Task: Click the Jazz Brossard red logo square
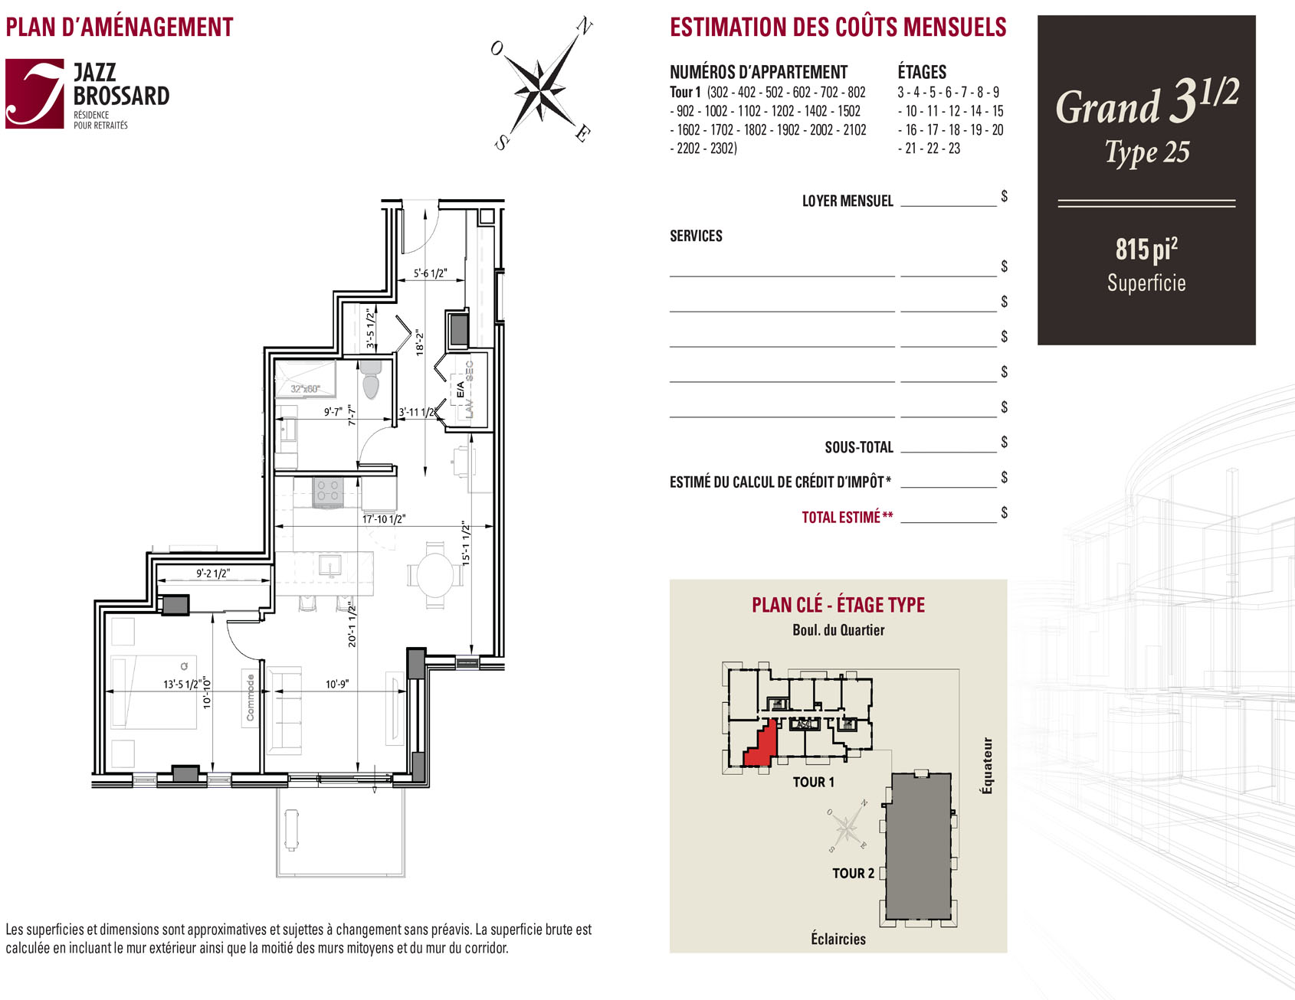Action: [x=34, y=93]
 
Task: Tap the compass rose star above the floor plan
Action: [x=541, y=83]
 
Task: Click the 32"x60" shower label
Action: [x=305, y=389]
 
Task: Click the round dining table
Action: [x=434, y=574]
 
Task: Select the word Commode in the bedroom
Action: [x=250, y=698]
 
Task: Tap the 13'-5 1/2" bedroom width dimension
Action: [x=182, y=684]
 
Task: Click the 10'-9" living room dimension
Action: [x=337, y=684]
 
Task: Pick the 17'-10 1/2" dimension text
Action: [x=384, y=519]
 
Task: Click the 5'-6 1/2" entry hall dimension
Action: [x=430, y=273]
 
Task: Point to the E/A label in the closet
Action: [x=461, y=390]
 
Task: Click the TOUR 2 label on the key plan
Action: [x=853, y=873]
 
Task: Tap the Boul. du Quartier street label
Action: [x=838, y=630]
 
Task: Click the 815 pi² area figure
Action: [x=1146, y=249]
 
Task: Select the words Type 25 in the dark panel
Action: [x=1147, y=152]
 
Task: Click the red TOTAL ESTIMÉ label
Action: [x=847, y=517]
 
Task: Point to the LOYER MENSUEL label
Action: [x=847, y=201]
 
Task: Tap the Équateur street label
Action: [x=987, y=766]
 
